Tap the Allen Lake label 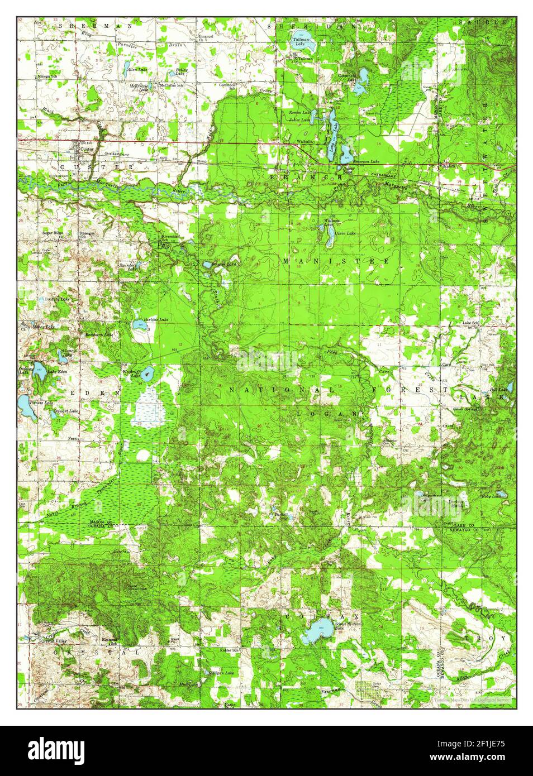(x=137, y=70)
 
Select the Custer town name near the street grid (x=87, y=150)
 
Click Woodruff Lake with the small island (x=146, y=374)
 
